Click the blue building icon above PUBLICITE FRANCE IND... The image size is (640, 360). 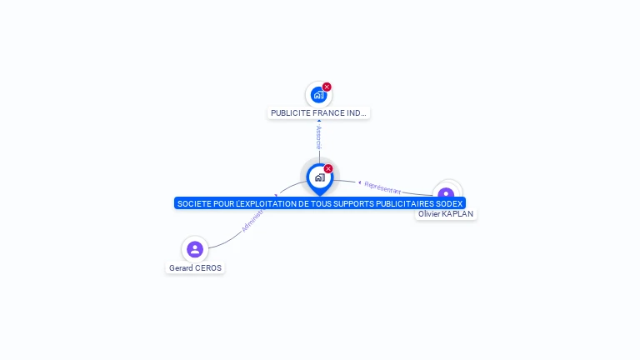click(317, 95)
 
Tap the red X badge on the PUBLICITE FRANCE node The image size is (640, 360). click(327, 87)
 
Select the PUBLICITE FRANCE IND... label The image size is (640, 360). click(318, 112)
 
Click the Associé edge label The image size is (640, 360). click(318, 137)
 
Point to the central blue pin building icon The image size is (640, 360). click(319, 177)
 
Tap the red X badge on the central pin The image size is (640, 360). click(328, 168)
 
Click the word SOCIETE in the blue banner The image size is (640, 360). click(194, 203)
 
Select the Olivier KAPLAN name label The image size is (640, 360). click(446, 214)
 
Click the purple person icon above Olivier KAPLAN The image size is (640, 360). click(447, 193)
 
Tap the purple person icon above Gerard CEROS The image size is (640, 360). click(195, 249)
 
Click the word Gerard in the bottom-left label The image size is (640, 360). click(182, 268)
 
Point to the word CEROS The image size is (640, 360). click(209, 268)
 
